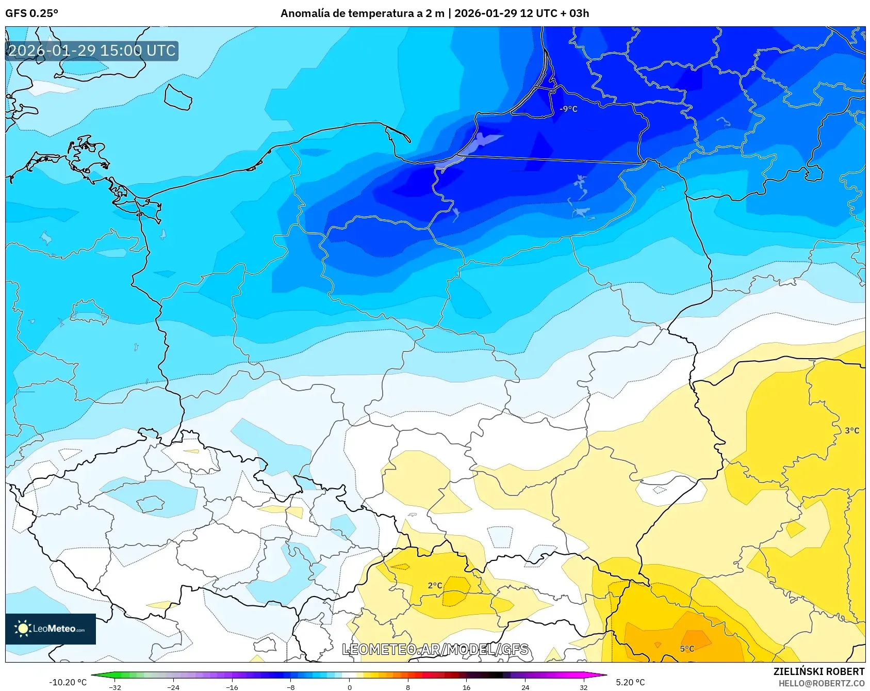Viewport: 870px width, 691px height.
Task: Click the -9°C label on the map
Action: point(568,109)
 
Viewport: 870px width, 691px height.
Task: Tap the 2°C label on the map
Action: point(435,585)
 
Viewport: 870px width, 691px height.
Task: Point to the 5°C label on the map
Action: point(687,649)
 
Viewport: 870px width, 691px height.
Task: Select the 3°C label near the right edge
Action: point(852,430)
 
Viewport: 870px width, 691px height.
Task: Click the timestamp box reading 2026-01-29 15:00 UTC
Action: point(92,51)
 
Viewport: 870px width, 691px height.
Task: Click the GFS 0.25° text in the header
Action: point(31,13)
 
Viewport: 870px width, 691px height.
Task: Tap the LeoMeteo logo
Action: point(51,629)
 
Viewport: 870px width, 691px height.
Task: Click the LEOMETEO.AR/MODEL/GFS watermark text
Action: point(435,649)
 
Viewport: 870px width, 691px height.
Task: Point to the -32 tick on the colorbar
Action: point(115,687)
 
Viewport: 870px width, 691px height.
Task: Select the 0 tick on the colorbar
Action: point(350,687)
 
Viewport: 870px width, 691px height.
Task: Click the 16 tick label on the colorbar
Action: point(466,687)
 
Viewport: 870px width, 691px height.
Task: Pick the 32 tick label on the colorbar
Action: point(583,687)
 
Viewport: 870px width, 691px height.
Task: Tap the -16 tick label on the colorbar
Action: point(232,687)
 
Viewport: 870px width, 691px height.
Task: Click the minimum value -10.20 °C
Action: point(68,682)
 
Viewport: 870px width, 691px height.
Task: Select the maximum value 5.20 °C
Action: point(630,682)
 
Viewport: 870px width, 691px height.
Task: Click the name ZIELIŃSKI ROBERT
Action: point(818,671)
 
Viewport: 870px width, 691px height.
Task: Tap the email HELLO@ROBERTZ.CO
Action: point(821,683)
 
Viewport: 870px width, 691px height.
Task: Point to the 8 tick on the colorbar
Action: point(408,687)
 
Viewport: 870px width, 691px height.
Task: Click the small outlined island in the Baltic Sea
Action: point(178,97)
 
